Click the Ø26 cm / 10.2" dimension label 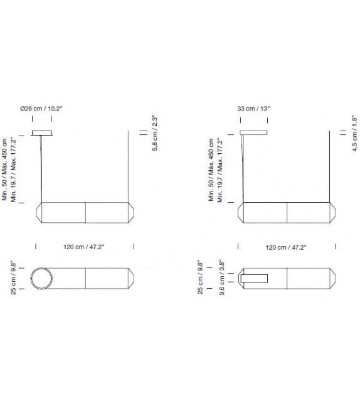pyautogui.click(x=41, y=109)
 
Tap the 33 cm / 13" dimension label pyautogui.click(x=254, y=109)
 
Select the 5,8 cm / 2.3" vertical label pyautogui.click(x=154, y=134)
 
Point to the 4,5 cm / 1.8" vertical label pyautogui.click(x=354, y=134)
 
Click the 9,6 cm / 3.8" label pyautogui.click(x=222, y=278)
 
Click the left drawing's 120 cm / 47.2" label pyautogui.click(x=84, y=247)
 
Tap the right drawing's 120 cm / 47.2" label pyautogui.click(x=286, y=247)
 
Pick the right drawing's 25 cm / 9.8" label pyautogui.click(x=200, y=278)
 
